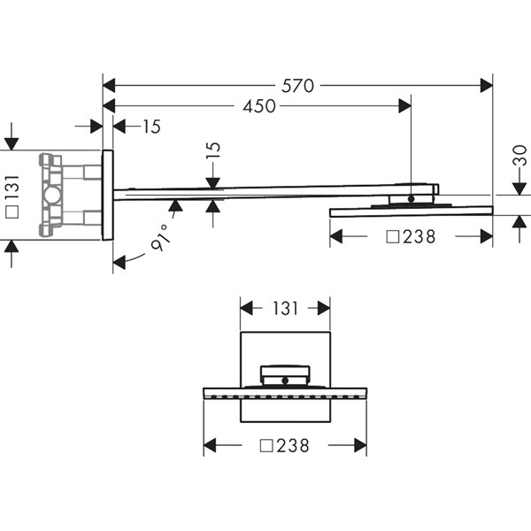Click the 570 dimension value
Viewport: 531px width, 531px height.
point(297,86)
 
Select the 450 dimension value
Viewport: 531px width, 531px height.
point(259,106)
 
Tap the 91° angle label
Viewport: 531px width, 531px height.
point(160,237)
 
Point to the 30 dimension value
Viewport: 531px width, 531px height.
point(520,156)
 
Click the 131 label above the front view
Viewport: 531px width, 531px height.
point(285,309)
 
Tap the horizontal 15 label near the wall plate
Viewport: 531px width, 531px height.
point(151,127)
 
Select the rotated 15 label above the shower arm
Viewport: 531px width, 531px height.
point(213,150)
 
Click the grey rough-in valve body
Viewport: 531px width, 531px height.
point(51,195)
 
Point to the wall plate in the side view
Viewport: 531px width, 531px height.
point(107,195)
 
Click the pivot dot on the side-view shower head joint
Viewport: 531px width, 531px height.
point(412,199)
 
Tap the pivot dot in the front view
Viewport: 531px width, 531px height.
point(285,381)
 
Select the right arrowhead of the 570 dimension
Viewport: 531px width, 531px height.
point(487,86)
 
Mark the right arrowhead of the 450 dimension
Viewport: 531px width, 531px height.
point(405,106)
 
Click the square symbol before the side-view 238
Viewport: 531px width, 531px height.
point(393,237)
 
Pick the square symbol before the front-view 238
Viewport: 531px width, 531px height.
point(266,446)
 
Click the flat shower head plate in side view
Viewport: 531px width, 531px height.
point(412,212)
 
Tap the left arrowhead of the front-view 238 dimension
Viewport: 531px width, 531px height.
point(210,445)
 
